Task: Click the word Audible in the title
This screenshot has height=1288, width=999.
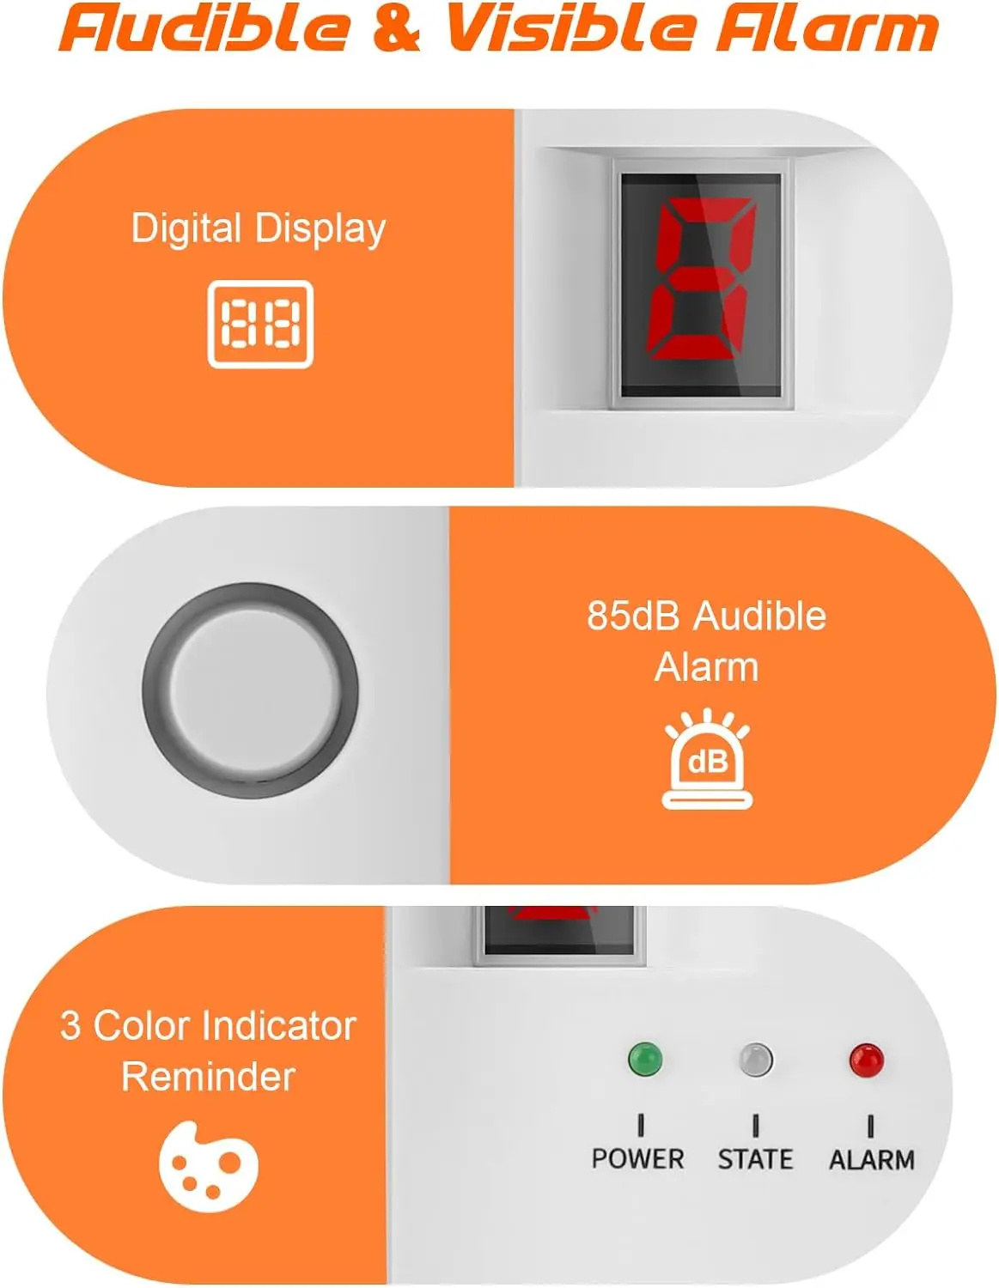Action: [x=205, y=28]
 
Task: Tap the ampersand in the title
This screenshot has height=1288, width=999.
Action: [x=396, y=28]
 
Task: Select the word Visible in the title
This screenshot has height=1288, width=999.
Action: [x=571, y=28]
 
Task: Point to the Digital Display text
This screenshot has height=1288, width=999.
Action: [x=259, y=229]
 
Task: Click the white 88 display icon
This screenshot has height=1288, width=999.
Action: [x=260, y=325]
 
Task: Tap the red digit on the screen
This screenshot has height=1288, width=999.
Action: [x=700, y=279]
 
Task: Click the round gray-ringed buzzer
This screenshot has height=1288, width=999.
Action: [x=250, y=691]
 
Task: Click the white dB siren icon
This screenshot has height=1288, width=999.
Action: [x=707, y=760]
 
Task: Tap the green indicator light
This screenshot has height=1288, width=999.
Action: [x=645, y=1059]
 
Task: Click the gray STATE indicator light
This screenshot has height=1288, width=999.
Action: [x=756, y=1060]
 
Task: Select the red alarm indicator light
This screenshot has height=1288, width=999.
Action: [x=866, y=1060]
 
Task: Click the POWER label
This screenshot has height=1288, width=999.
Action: [x=637, y=1159]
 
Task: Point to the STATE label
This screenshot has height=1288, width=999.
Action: [x=755, y=1160]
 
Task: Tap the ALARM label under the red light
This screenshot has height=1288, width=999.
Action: [x=871, y=1160]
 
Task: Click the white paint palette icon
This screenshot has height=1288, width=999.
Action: [x=209, y=1166]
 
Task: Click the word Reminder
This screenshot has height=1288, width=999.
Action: [x=209, y=1077]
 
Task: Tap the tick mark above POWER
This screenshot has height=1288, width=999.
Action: [x=641, y=1125]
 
